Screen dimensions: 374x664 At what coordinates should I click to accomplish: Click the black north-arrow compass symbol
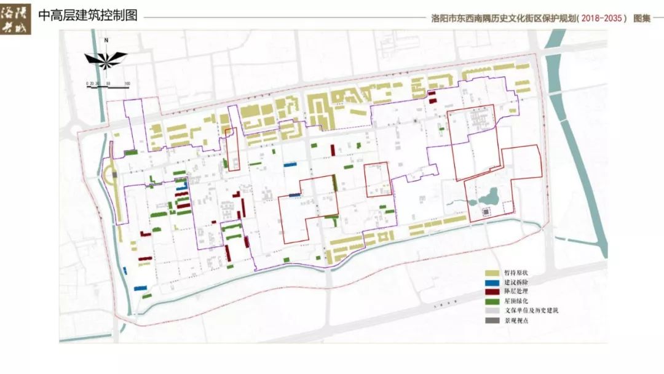click(x=106, y=58)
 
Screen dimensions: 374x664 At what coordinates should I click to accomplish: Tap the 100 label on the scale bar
click(x=127, y=83)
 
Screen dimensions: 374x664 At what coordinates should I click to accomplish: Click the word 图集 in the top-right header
click(x=641, y=18)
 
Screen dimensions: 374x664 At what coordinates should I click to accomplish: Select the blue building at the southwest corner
click(x=141, y=287)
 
